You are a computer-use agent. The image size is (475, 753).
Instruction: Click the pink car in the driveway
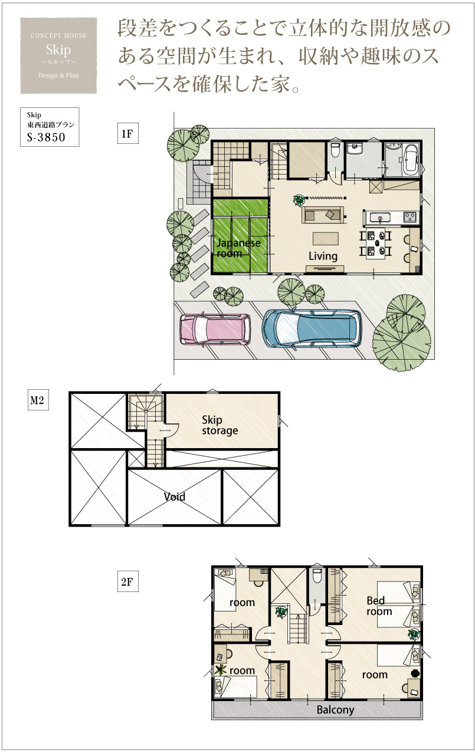pyautogui.click(x=215, y=330)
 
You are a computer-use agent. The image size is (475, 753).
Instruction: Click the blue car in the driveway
pyautogui.click(x=312, y=328)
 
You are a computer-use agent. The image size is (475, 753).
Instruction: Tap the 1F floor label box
pyautogui.click(x=128, y=134)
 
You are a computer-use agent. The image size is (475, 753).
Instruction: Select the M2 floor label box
pyautogui.click(x=38, y=400)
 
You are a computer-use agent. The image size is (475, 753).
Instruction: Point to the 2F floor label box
pyautogui.click(x=128, y=581)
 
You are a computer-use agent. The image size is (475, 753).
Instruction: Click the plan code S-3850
pyautogui.click(x=46, y=137)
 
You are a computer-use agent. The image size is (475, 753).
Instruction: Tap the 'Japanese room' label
pyautogui.click(x=238, y=248)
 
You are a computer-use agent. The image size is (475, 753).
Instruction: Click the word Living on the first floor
pyautogui.click(x=323, y=256)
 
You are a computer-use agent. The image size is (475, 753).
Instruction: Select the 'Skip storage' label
pyautogui.click(x=220, y=425)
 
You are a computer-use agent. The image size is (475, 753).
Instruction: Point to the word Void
pyautogui.click(x=174, y=497)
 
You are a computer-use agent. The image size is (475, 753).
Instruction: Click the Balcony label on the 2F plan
pyautogui.click(x=335, y=709)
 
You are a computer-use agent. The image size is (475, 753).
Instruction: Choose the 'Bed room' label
pyautogui.click(x=379, y=606)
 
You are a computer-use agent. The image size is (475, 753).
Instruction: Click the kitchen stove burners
pyautogui.click(x=410, y=217)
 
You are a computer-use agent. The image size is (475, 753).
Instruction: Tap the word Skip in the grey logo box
pyautogui.click(x=58, y=50)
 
